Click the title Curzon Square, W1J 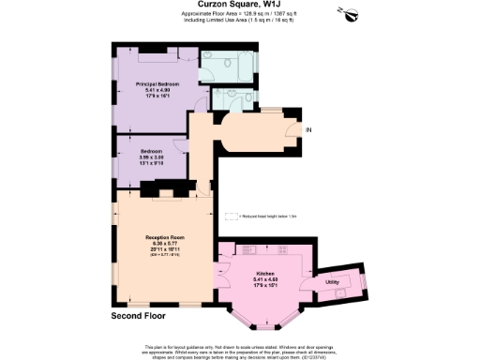[x=238, y=7]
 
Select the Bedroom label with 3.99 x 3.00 [x=151, y=151]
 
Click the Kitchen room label [x=265, y=273]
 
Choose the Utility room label [x=332, y=281]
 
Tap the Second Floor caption [x=125, y=318]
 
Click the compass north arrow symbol [x=351, y=14]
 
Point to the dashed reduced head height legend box [x=232, y=216]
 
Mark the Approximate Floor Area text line [x=238, y=19]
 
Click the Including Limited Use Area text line [x=238, y=25]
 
